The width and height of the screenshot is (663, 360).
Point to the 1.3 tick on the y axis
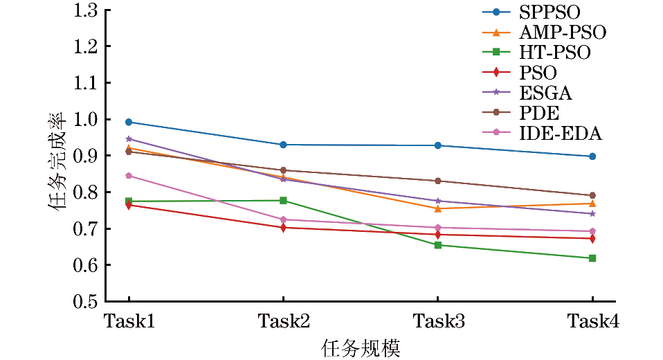(86, 10)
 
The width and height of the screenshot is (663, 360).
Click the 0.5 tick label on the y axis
(86, 302)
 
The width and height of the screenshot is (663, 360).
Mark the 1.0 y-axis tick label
(86, 120)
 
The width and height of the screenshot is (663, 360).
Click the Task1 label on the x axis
(129, 321)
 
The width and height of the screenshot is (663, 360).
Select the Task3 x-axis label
(437, 321)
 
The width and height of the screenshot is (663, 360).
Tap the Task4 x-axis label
(592, 321)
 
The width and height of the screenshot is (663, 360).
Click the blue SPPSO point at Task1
(129, 122)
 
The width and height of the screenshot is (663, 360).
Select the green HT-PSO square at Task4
(592, 258)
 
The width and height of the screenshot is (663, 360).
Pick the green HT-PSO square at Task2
(283, 201)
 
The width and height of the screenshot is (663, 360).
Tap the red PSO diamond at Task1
(129, 205)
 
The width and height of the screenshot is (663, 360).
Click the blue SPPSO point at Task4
(592, 156)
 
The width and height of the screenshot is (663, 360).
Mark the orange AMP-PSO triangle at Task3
(437, 208)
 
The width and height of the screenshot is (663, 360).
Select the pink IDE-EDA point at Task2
(283, 219)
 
